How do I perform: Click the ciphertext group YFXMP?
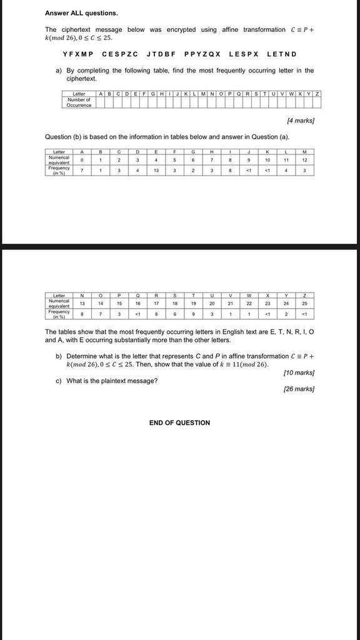point(77,54)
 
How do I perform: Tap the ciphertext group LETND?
point(281,54)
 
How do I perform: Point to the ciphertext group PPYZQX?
point(202,54)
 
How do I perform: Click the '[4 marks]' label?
point(300,120)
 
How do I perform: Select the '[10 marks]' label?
point(299,372)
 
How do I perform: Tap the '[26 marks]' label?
point(299,389)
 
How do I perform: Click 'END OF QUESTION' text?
point(179,422)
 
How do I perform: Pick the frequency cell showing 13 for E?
point(156,170)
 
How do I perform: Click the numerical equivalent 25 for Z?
point(304,302)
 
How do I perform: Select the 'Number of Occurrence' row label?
point(79,102)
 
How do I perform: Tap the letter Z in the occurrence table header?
point(317,94)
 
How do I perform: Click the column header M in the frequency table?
point(304,151)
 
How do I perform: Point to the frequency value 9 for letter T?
point(193,313)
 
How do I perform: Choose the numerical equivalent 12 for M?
point(304,159)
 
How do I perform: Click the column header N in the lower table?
point(82,295)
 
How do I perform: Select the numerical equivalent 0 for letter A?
point(82,159)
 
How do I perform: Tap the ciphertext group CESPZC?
point(119,54)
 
